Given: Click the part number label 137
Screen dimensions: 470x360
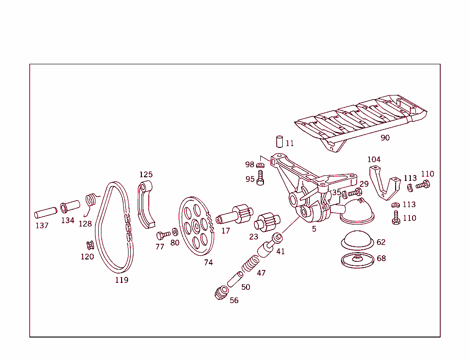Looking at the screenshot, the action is coord(42,225).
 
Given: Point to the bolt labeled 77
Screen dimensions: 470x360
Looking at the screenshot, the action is coord(163,235).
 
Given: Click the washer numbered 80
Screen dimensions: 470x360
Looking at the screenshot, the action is coord(175,232).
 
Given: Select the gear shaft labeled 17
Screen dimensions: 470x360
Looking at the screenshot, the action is coord(235,214).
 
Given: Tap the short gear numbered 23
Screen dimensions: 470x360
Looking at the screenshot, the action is coord(267,222).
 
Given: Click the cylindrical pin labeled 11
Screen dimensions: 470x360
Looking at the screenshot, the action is coord(280,141).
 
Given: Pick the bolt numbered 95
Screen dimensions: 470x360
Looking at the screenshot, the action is coord(260,178).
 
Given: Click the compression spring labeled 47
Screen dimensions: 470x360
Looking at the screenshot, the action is coord(251,264).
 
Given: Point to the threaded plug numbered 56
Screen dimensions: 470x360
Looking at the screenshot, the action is coord(222,293).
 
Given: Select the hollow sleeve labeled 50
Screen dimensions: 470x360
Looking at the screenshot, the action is coord(235,279).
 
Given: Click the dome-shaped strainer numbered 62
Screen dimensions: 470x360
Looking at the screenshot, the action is coord(358,240).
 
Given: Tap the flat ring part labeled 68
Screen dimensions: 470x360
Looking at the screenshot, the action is coord(358,260).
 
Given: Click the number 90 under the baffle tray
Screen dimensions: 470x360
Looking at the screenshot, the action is coord(385,138).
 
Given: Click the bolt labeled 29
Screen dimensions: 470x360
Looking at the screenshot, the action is coord(355,192).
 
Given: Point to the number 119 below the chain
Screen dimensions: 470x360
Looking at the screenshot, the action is coord(122,280).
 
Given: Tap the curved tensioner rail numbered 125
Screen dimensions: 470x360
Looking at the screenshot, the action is coord(145,204).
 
